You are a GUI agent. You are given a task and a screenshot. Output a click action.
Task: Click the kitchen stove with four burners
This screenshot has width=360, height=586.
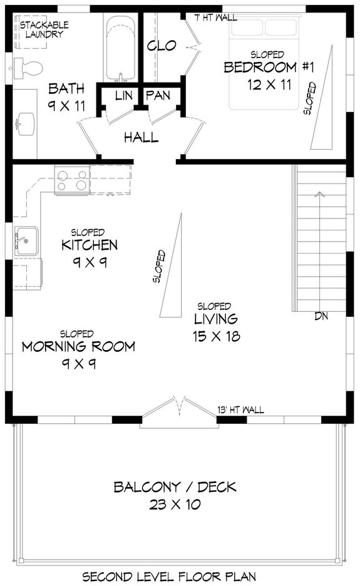tap(72, 178)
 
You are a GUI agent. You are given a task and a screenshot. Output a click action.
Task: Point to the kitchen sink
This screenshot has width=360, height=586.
tap(26, 240)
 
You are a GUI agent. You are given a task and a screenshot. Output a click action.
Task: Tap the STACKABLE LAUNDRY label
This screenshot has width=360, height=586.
tap(44, 29)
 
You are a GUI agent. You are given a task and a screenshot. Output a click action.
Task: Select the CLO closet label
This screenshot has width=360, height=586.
tap(162, 46)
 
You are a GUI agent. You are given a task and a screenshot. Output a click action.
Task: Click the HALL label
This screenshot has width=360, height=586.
tap(141, 137)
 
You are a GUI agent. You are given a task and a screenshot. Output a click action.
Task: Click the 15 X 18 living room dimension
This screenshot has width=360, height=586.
tap(217, 336)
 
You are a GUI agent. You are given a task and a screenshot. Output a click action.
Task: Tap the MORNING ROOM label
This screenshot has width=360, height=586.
tap(78, 347)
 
